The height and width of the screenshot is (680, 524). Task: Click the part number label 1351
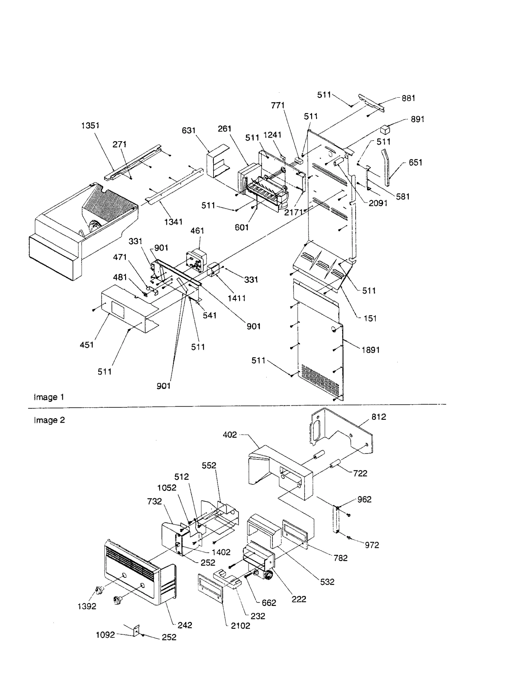90,126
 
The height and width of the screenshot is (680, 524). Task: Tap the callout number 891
417,119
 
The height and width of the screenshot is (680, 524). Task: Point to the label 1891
370,350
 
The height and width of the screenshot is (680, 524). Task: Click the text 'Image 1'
49,397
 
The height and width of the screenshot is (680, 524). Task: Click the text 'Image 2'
49,420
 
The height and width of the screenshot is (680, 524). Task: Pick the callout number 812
379,417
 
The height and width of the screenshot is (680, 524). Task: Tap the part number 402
230,435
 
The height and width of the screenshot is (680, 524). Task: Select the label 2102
240,626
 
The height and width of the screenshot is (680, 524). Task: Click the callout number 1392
87,606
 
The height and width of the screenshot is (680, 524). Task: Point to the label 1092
105,635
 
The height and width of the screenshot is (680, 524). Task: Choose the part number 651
415,163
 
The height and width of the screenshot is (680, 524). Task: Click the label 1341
173,222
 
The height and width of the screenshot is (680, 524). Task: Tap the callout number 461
197,231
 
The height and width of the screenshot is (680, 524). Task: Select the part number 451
86,345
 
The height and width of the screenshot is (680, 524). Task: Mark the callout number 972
372,545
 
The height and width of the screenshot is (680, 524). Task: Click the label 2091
378,203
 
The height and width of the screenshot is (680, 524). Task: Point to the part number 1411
236,298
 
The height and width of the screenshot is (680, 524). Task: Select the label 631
189,130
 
